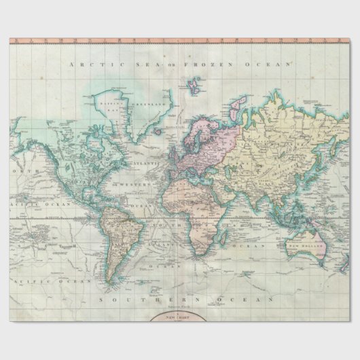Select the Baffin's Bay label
pyautogui.click(x=109, y=105)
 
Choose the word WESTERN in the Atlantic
pyautogui.click(x=128, y=185)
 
